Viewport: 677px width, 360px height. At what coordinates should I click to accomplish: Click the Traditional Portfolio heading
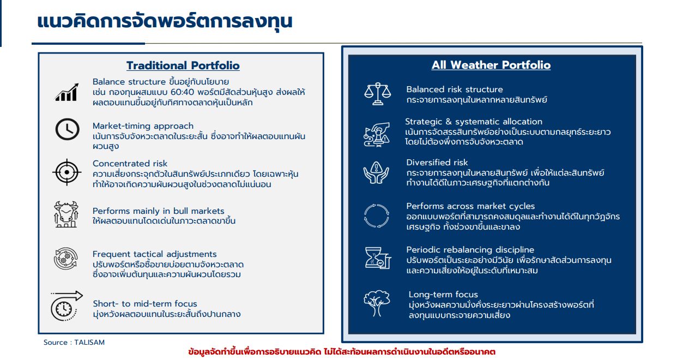click(x=183, y=65)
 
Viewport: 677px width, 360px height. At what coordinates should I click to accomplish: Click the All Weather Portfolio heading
click(x=491, y=65)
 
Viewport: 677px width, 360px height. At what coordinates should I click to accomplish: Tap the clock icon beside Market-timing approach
click(x=67, y=129)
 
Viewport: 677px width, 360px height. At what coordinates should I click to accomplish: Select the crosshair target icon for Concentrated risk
click(x=67, y=172)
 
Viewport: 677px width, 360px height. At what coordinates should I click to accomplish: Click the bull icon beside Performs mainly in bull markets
click(x=67, y=214)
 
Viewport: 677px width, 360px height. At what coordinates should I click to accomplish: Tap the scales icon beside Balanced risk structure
click(x=377, y=94)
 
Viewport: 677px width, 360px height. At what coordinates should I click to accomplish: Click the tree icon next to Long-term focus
click(x=377, y=303)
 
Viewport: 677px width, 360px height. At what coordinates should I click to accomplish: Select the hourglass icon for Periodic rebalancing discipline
click(x=377, y=258)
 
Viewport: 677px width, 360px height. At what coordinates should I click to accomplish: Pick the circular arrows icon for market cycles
click(x=377, y=215)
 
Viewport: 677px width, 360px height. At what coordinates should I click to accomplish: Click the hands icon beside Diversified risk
click(x=377, y=172)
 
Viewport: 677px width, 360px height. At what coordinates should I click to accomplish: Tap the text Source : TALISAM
click(x=74, y=343)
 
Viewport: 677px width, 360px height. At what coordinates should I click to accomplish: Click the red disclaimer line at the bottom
click(x=341, y=352)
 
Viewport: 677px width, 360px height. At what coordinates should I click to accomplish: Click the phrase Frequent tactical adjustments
click(x=154, y=254)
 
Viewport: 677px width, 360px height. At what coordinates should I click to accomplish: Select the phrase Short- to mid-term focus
click(x=144, y=304)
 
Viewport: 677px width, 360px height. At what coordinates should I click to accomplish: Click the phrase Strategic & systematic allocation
click(x=473, y=122)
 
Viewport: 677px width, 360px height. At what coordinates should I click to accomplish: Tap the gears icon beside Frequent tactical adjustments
click(x=66, y=259)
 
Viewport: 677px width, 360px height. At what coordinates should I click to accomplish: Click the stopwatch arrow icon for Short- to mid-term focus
click(x=65, y=305)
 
